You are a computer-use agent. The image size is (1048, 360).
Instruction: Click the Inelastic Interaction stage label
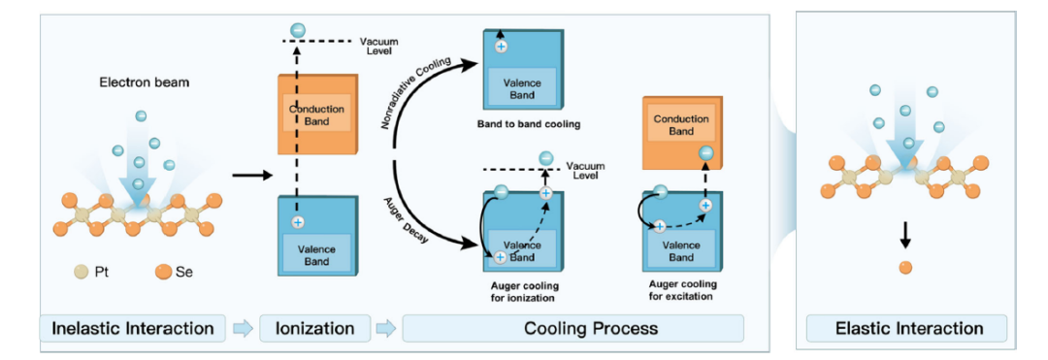point(133,329)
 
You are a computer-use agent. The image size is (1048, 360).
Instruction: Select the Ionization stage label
point(314,329)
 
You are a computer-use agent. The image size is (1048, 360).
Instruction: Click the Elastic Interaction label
point(909,329)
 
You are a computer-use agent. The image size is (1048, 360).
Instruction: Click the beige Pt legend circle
point(81,273)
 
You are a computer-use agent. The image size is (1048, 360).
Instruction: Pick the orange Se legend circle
point(162,273)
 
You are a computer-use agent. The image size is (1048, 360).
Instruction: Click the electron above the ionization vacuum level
point(298,29)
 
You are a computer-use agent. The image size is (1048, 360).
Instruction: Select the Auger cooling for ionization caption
point(522,292)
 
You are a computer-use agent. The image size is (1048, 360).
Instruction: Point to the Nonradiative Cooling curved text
point(419,93)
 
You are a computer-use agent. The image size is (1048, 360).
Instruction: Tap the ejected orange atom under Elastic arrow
point(905,268)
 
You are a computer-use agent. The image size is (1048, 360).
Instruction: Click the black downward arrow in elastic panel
point(905,234)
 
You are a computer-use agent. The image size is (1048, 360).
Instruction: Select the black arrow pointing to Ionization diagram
point(252,176)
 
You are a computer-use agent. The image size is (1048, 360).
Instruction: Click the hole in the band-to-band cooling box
point(500,46)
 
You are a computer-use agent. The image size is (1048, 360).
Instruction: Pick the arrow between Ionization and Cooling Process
point(386,329)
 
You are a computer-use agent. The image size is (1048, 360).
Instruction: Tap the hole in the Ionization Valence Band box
point(298,222)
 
